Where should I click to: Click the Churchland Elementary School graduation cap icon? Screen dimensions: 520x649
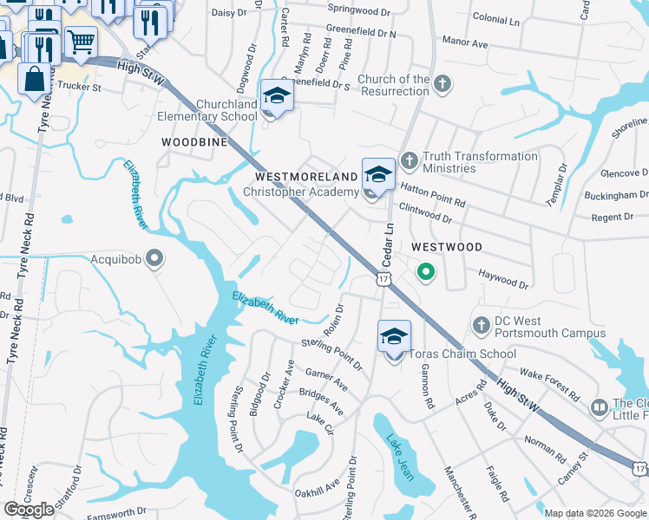tap(277, 94)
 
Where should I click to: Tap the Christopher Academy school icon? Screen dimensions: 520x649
tap(378, 173)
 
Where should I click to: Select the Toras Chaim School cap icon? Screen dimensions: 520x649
tap(394, 335)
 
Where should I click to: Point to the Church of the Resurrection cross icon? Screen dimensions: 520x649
tap(442, 84)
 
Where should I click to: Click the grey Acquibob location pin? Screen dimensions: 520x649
tap(155, 258)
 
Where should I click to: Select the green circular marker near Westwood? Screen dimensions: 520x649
tap(425, 274)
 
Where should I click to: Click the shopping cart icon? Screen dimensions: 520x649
tap(80, 39)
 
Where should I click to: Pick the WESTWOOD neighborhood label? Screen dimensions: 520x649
tap(447, 247)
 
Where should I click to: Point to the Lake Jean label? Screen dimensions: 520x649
tap(399, 457)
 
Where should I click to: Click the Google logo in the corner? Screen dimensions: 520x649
tap(29, 510)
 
